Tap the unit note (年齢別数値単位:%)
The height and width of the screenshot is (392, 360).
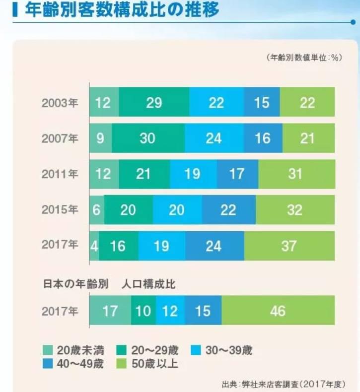click(x=303, y=57)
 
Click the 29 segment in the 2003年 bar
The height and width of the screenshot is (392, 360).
click(x=154, y=103)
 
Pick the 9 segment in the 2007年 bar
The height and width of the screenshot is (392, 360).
click(x=100, y=138)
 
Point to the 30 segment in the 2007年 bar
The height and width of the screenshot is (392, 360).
click(x=147, y=138)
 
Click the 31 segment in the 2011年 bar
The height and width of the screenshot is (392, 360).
click(x=296, y=174)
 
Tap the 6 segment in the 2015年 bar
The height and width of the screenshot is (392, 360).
click(x=96, y=209)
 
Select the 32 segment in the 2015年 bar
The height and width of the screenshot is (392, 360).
click(x=295, y=209)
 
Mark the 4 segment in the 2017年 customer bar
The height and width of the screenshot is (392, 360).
click(x=94, y=245)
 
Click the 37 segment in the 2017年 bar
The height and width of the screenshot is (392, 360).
click(x=289, y=245)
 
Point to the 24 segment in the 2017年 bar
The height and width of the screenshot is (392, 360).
click(x=215, y=245)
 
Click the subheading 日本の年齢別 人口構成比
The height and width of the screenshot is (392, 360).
click(x=109, y=284)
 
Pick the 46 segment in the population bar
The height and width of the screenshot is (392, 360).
click(x=278, y=311)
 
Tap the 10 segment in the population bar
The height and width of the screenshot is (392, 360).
click(x=144, y=311)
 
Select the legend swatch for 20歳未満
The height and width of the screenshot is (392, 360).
click(x=48, y=351)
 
